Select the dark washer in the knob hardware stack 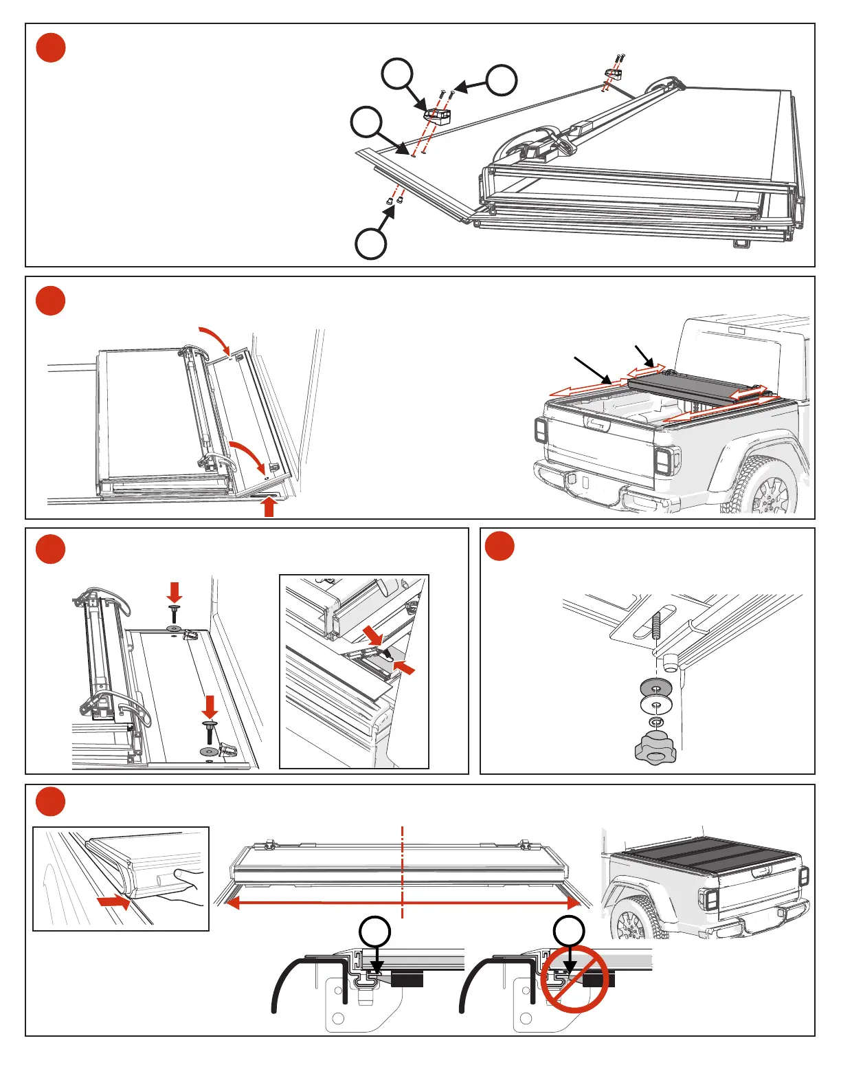point(655,687)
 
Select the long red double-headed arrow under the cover point(403,903)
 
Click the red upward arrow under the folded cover point(269,507)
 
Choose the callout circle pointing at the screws point(502,80)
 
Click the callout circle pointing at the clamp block point(398,74)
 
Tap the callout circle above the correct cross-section point(375,932)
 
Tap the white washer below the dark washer point(655,705)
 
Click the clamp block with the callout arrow point(438,115)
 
